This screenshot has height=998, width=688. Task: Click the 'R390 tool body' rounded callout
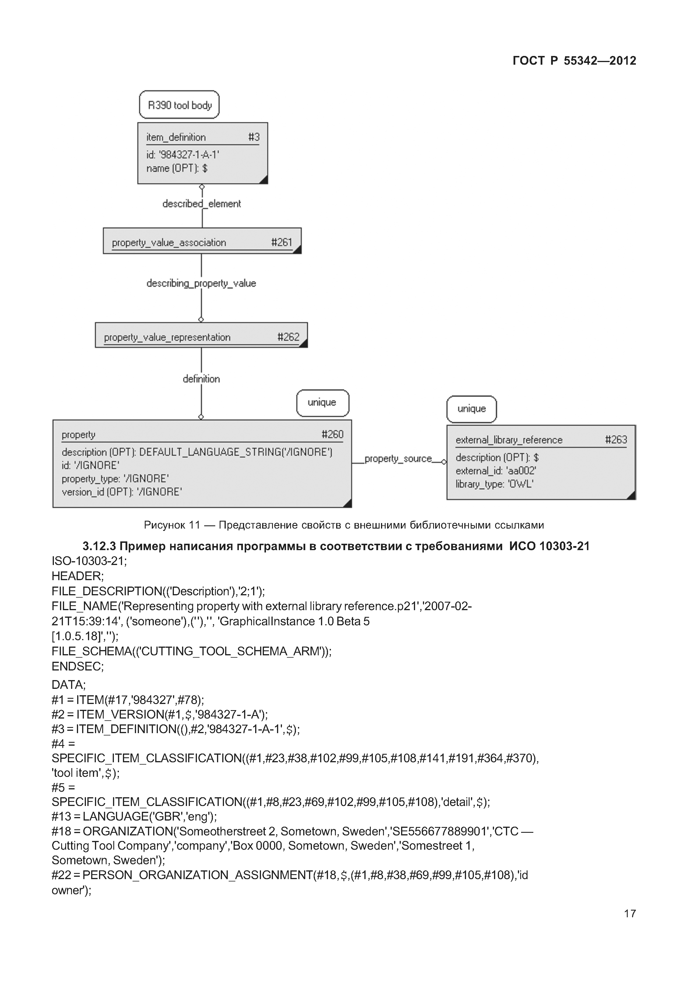pyautogui.click(x=179, y=105)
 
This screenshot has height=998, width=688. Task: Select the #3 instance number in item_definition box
pyautogui.click(x=254, y=137)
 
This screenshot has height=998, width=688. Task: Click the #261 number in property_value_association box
pyautogui.click(x=281, y=242)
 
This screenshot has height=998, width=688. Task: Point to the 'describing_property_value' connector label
pyautogui.click(x=201, y=283)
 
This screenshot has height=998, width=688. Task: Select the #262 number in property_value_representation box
pyautogui.click(x=288, y=337)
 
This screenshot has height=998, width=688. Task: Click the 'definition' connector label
pyautogui.click(x=201, y=379)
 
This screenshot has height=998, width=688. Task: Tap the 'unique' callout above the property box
pyautogui.click(x=322, y=403)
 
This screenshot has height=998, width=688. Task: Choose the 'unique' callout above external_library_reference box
pyautogui.click(x=471, y=409)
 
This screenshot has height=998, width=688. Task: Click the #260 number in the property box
pyautogui.click(x=332, y=434)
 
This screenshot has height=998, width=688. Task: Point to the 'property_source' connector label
pyautogui.click(x=398, y=458)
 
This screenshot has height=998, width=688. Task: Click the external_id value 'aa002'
pyautogui.click(x=522, y=471)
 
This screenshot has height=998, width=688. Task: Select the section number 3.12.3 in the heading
pyautogui.click(x=99, y=546)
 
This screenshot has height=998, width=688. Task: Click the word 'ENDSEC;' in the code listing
pyautogui.click(x=77, y=666)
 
